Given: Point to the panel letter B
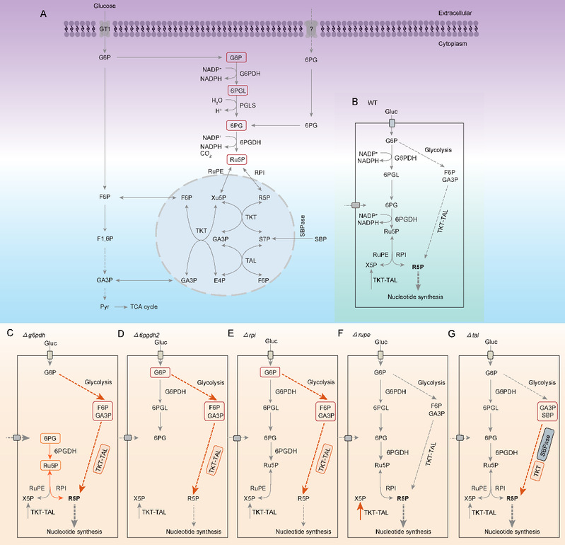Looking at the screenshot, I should click(355, 102).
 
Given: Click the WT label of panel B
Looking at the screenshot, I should click(373, 103).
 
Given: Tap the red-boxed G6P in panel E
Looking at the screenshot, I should click(269, 372).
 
